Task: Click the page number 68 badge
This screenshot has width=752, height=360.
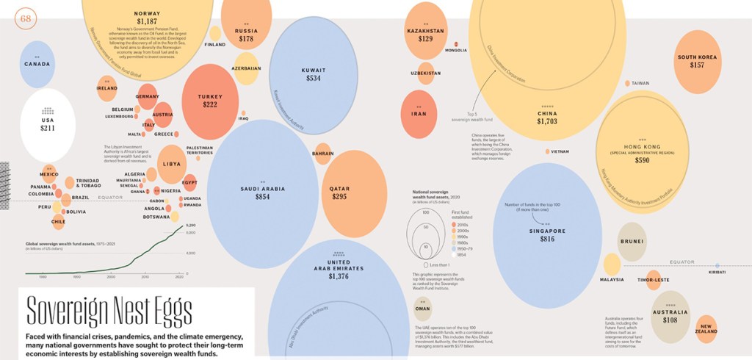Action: tap(26, 17)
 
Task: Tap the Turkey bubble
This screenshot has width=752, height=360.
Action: tap(210, 100)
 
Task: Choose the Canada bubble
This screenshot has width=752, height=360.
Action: tap(37, 64)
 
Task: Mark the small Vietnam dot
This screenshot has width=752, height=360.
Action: tap(548, 151)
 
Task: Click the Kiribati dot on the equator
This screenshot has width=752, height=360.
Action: tap(717, 264)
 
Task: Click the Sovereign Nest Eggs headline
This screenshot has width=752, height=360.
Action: tap(109, 309)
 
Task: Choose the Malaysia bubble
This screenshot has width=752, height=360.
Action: tap(612, 265)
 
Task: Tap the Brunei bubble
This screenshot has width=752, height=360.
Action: tap(632, 242)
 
